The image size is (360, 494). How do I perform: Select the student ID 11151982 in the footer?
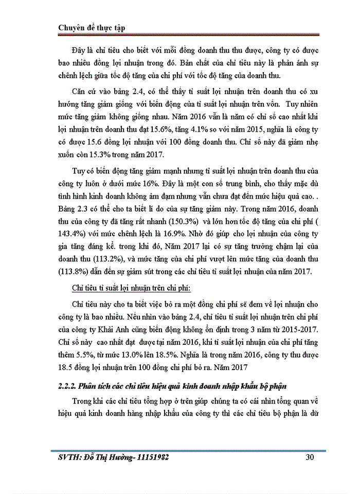tap(149, 457)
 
